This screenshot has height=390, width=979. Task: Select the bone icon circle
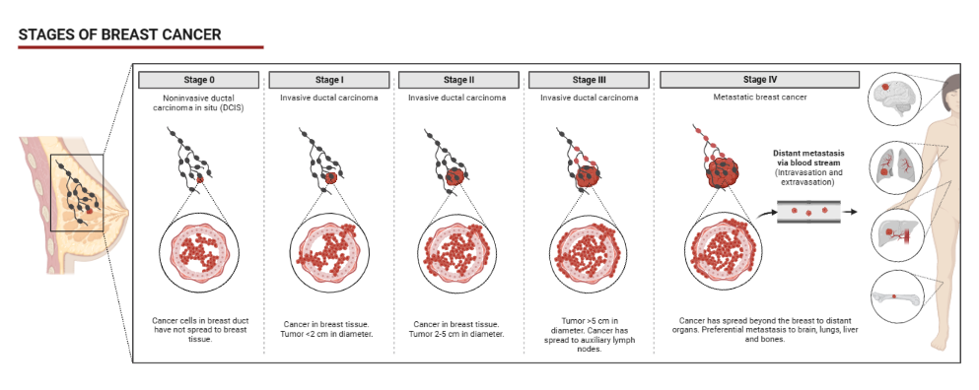click(x=894, y=294)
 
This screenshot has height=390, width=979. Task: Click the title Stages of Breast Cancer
click(x=119, y=34)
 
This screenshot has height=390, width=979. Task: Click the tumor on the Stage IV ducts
click(x=730, y=174)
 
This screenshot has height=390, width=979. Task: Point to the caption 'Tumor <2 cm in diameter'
click(x=328, y=334)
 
